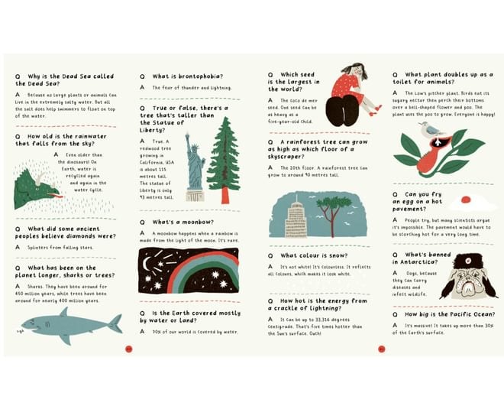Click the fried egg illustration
pos(462,203)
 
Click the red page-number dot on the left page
pos(128,349)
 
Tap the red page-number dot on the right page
pos(381,349)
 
